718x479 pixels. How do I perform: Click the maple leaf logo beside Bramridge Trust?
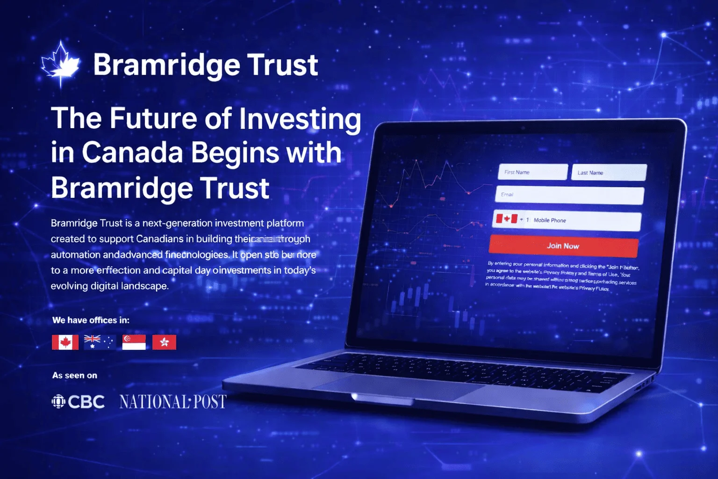click(x=60, y=64)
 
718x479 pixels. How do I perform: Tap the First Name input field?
click(x=533, y=172)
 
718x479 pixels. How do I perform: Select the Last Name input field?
click(x=609, y=173)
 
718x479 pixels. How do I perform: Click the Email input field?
click(x=569, y=195)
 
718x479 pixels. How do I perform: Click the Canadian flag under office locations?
click(x=65, y=342)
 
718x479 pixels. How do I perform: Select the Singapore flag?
click(x=134, y=342)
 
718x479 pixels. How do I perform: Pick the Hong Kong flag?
click(x=164, y=342)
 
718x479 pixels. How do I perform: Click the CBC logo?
click(x=78, y=402)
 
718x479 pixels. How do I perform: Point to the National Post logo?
click(x=173, y=402)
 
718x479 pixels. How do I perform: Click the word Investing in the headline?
click(x=300, y=118)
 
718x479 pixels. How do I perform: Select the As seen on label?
click(x=75, y=376)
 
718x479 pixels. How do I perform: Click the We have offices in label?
click(x=91, y=320)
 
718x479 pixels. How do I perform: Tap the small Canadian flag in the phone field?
click(x=507, y=219)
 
